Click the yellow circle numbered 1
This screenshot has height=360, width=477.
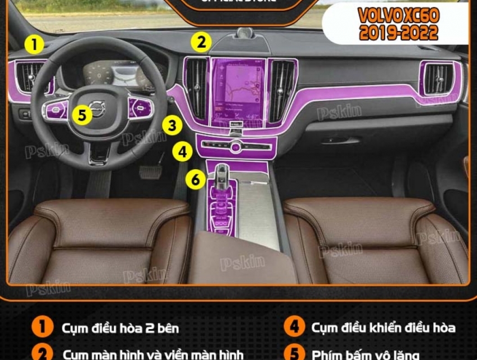35,44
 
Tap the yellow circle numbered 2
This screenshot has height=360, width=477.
201,42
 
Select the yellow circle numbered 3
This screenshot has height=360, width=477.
173,125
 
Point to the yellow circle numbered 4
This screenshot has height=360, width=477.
182,151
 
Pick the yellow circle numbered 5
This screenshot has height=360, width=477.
83,115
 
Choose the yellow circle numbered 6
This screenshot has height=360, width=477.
195,179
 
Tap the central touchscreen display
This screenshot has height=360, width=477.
238,90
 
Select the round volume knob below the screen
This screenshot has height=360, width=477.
236,147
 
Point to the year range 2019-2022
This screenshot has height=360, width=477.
398,33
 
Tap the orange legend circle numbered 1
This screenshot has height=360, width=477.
42,327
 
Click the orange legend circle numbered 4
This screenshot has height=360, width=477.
294,327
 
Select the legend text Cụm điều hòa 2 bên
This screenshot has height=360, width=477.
120,327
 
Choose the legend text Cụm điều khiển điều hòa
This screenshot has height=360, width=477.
383,327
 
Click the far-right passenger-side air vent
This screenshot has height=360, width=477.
438,78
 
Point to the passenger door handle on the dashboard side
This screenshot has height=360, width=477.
341,141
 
